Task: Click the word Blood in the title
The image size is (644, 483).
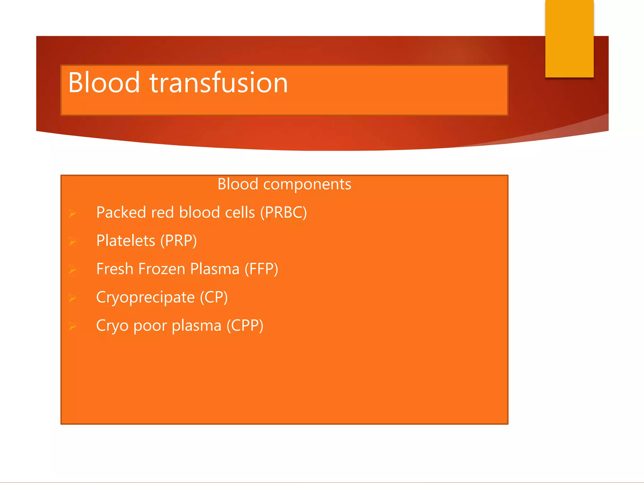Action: pyautogui.click(x=104, y=82)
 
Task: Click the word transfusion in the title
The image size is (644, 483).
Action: pyautogui.click(x=219, y=82)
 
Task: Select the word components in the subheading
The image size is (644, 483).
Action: pyautogui.click(x=307, y=185)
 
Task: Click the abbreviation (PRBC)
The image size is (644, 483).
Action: pyautogui.click(x=283, y=213)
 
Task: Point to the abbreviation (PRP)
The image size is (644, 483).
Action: pyautogui.click(x=179, y=241)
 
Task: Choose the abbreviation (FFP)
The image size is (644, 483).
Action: pyautogui.click(x=261, y=269)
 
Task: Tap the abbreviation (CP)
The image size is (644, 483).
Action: pyautogui.click(x=214, y=297)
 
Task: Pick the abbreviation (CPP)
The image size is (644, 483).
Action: pyautogui.click(x=245, y=326)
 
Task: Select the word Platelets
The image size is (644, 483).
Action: pyautogui.click(x=125, y=241)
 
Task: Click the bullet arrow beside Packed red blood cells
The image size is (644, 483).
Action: pyautogui.click(x=73, y=214)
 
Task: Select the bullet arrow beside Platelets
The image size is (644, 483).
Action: pyautogui.click(x=73, y=241)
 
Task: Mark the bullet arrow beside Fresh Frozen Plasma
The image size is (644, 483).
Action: pyautogui.click(x=73, y=270)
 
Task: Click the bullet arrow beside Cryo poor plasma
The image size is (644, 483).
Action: pyautogui.click(x=73, y=326)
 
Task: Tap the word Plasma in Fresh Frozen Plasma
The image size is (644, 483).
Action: pyautogui.click(x=215, y=269)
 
